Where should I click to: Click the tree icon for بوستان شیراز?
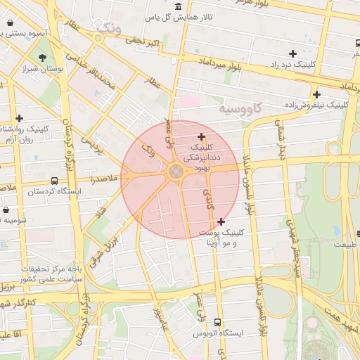pos(43,58)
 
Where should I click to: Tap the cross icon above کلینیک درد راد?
pos(292,53)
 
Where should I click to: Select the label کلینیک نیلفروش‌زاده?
pos(317,105)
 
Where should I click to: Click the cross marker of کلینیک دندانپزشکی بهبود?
pos(202,136)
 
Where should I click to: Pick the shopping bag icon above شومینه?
pos(6,210)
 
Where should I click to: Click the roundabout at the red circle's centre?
pos(176,172)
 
